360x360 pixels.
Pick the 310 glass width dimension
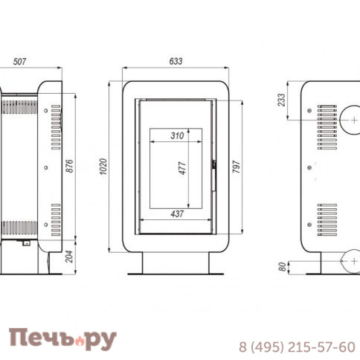pos(176,135)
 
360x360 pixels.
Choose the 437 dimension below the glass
pos(176,214)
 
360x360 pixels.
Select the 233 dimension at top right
pos(280,100)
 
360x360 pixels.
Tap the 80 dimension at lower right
pos(280,266)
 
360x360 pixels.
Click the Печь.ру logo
pos(62,339)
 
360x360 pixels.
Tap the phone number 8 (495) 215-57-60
pos(296,347)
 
